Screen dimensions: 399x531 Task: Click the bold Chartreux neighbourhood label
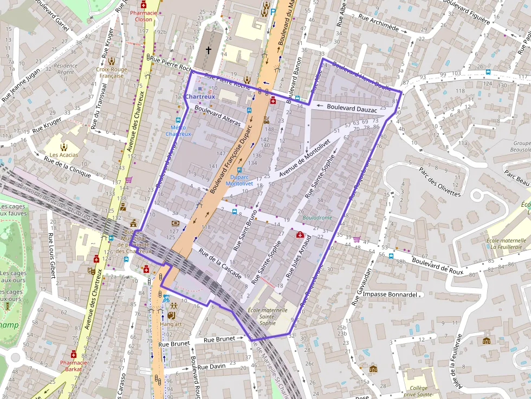coord(200,97)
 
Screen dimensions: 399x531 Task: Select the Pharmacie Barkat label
coord(74,366)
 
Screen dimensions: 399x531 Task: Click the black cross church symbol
coord(209,50)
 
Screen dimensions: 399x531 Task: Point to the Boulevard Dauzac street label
coord(352,108)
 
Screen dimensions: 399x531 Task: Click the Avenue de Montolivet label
coord(305,158)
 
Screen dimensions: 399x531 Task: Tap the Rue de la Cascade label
coord(220,264)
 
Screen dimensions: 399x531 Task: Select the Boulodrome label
coord(318,217)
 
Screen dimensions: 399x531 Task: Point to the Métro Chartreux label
coord(178,130)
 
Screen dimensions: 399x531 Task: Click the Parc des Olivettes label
coord(439,181)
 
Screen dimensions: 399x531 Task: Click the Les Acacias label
coord(64,155)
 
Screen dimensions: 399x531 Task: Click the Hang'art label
coord(171,324)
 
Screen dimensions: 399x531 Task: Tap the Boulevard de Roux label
coord(438,264)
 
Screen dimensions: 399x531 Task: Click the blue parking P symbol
coord(273,10)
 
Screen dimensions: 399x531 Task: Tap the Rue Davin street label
coord(211,367)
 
